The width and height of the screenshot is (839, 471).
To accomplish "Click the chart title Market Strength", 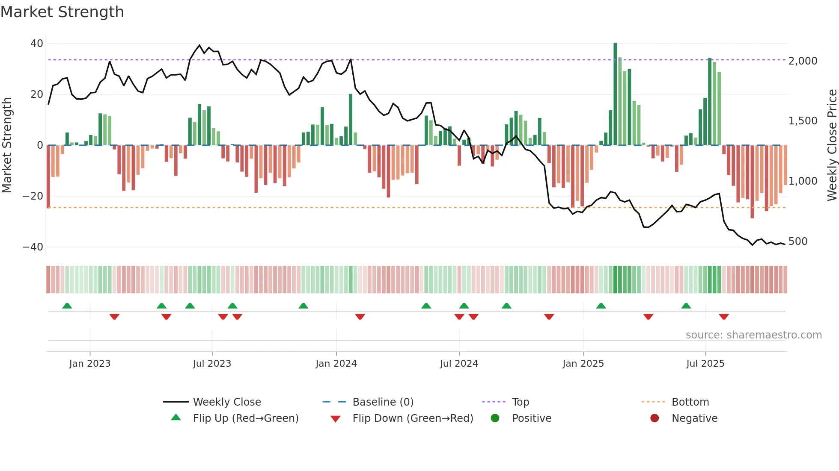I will point(62,12).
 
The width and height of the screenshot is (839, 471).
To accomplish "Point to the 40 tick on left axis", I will point(37,44).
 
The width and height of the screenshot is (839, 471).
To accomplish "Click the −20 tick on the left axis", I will point(33,196).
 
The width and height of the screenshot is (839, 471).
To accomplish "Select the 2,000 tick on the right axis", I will point(803,61).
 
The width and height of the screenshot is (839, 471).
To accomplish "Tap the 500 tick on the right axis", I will point(798,241).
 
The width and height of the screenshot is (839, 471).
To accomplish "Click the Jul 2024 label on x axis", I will point(458,364).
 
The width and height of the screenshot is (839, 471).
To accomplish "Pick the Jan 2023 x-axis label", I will point(89,364).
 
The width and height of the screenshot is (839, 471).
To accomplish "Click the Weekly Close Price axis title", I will point(832,145).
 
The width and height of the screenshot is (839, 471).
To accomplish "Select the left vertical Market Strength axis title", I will point(7,145).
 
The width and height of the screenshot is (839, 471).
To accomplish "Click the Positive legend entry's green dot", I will point(495,418).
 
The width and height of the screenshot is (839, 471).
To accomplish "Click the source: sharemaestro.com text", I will point(753,335).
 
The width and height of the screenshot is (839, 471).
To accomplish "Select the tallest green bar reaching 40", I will point(615,94).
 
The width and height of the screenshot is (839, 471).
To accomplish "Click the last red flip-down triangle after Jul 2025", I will point(724,317).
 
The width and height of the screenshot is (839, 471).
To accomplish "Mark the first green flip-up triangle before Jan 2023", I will point(67,306).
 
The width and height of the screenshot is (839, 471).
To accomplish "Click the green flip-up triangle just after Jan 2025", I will point(601,306).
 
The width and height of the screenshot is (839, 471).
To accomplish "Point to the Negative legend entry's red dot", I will point(655,418).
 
